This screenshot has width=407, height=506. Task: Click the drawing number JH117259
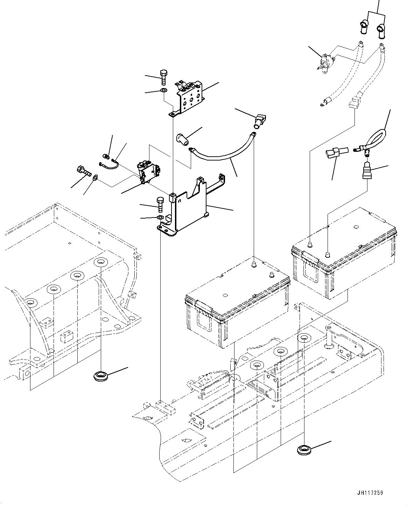point(370,493)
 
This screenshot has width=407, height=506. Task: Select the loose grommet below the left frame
point(100,377)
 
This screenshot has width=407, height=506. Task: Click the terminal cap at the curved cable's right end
point(260,120)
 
